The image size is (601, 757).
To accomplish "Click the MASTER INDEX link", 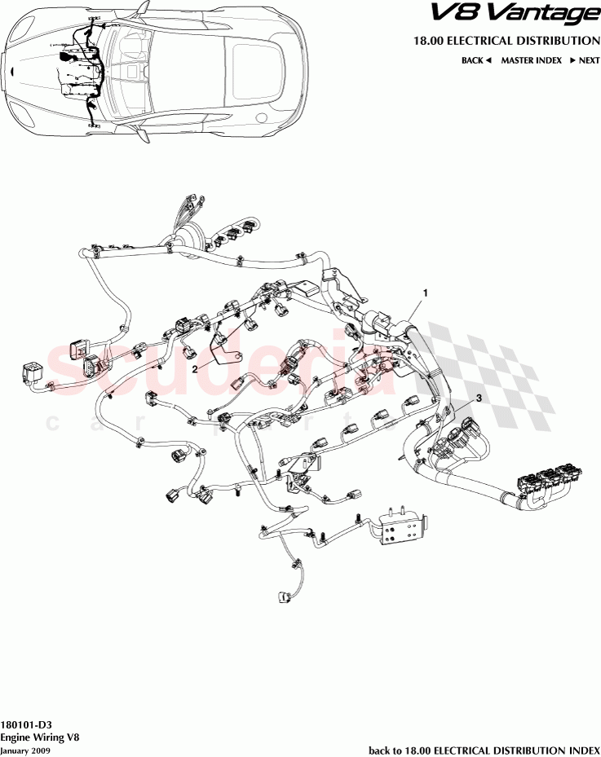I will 530,60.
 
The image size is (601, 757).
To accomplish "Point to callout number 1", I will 424,291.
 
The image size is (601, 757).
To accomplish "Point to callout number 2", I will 196,368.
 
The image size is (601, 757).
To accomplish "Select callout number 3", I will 479,398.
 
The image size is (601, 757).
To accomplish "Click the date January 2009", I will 25,750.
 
